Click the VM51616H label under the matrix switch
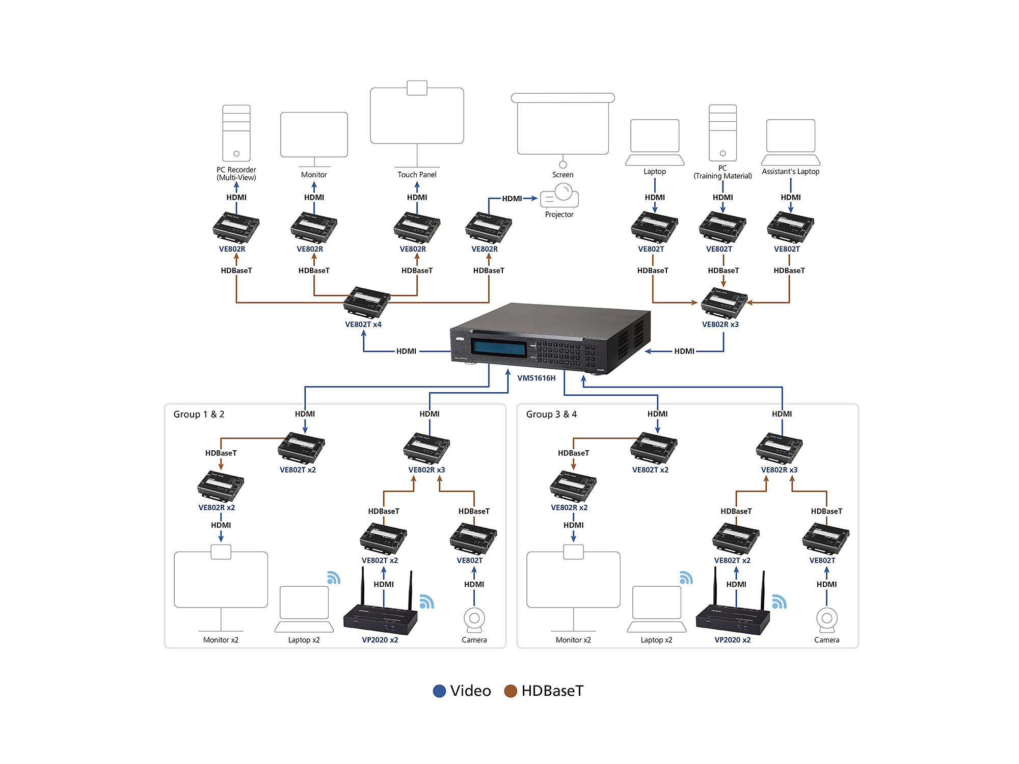pyautogui.click(x=536, y=378)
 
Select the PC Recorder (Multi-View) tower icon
pyautogui.click(x=236, y=133)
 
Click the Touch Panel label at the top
pyautogui.click(x=417, y=175)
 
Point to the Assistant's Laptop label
pyautogui.click(x=790, y=172)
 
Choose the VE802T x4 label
pyautogui.click(x=363, y=324)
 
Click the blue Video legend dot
pyautogui.click(x=439, y=691)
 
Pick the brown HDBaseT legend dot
pyautogui.click(x=511, y=691)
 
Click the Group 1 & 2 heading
pyautogui.click(x=199, y=415)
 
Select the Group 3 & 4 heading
pyautogui.click(x=551, y=415)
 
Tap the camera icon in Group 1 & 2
pyautogui.click(x=474, y=619)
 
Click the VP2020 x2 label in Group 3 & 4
pyautogui.click(x=732, y=640)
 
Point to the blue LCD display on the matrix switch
pyautogui.click(x=498, y=348)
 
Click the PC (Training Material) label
pyautogui.click(x=722, y=172)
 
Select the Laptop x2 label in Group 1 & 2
pyautogui.click(x=304, y=640)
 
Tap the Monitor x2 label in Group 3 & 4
pyautogui.click(x=573, y=640)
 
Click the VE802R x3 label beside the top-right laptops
pyautogui.click(x=720, y=324)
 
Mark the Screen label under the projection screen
pyautogui.click(x=562, y=175)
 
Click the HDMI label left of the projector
pyautogui.click(x=512, y=199)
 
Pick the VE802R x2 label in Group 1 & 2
pyautogui.click(x=217, y=508)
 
